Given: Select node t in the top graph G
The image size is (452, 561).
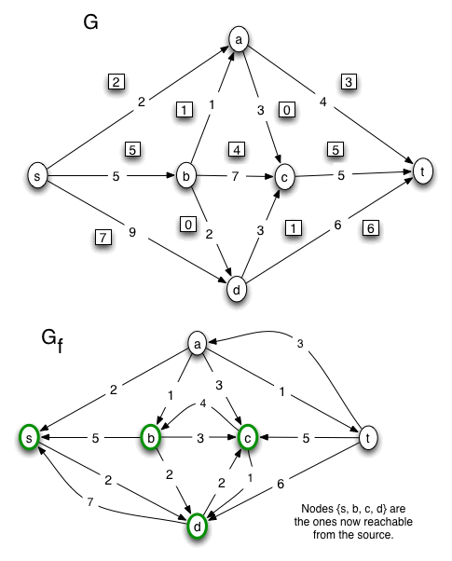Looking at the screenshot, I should click(422, 171).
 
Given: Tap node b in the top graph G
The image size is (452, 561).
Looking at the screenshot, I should click(184, 174).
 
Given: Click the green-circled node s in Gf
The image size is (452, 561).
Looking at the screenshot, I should click(31, 436).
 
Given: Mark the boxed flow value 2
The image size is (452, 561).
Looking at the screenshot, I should click(116, 82).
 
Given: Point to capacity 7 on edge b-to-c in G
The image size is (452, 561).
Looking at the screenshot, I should click(236, 175).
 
